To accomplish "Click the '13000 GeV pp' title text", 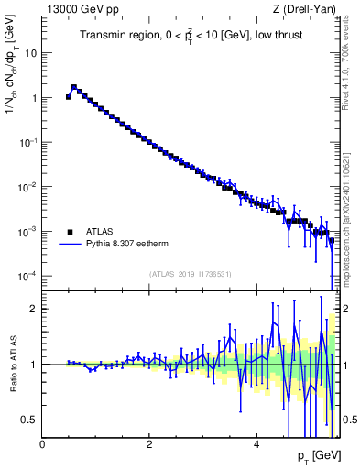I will click(x=77, y=9).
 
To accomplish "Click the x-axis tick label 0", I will click(x=42, y=443).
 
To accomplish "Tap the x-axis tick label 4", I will click(x=256, y=443).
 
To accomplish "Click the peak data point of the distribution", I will click(x=74, y=88).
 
